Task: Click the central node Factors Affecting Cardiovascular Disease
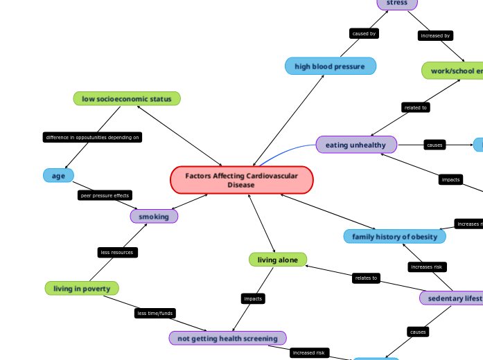242,180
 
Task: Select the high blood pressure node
331,66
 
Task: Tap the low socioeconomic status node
127,99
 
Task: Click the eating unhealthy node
356,145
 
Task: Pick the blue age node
58,176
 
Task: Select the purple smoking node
154,217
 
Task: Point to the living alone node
278,260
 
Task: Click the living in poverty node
82,288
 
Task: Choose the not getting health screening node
228,338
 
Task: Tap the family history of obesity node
394,237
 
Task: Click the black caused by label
364,33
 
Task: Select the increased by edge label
435,35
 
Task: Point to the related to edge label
416,107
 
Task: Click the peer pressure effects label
105,195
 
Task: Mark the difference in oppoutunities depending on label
93,137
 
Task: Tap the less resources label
117,252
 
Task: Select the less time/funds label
155,313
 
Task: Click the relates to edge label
366,278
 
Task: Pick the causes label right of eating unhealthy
434,145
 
